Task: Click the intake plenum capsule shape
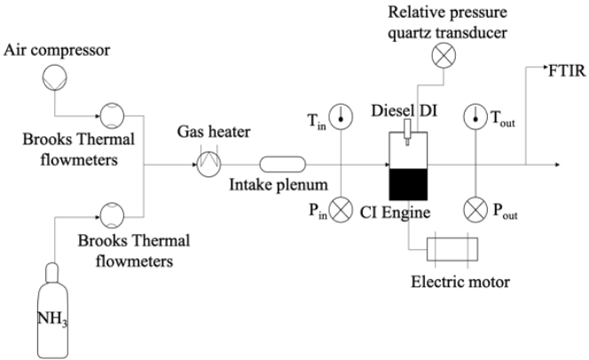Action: [x=282, y=164]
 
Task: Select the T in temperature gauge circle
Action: [x=342, y=115]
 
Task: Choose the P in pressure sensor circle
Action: [x=342, y=213]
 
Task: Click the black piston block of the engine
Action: [x=408, y=183]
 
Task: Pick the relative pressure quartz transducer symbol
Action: [x=444, y=56]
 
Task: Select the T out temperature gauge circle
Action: [x=481, y=115]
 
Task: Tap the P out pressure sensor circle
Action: [x=481, y=213]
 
